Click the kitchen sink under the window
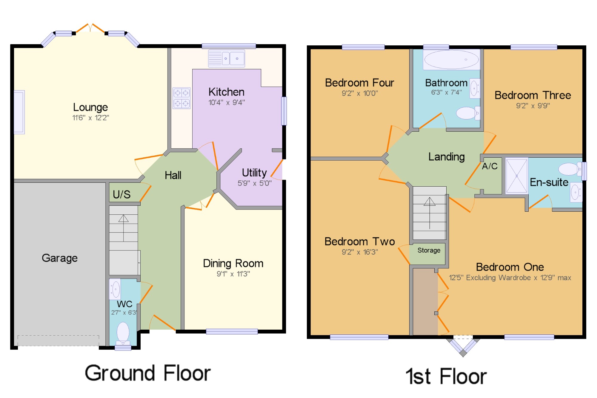coord(227,59)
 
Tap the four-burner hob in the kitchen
coord(181,98)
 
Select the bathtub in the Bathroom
coord(452,59)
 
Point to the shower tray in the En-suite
coord(516,176)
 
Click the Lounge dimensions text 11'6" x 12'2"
coord(91,118)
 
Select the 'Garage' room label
coord(60,258)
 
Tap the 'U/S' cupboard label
coord(121,194)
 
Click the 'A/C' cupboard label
coord(490,166)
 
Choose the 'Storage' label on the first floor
coord(429,250)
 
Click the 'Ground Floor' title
coord(148,373)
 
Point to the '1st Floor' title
coord(446,376)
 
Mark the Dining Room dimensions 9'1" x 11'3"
coord(233,274)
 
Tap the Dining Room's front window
coord(232,331)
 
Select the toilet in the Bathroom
coord(468,113)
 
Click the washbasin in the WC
coord(115,289)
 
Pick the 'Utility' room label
coord(254,173)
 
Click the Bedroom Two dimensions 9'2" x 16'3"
coord(360,252)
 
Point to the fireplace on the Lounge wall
coord(19,112)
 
